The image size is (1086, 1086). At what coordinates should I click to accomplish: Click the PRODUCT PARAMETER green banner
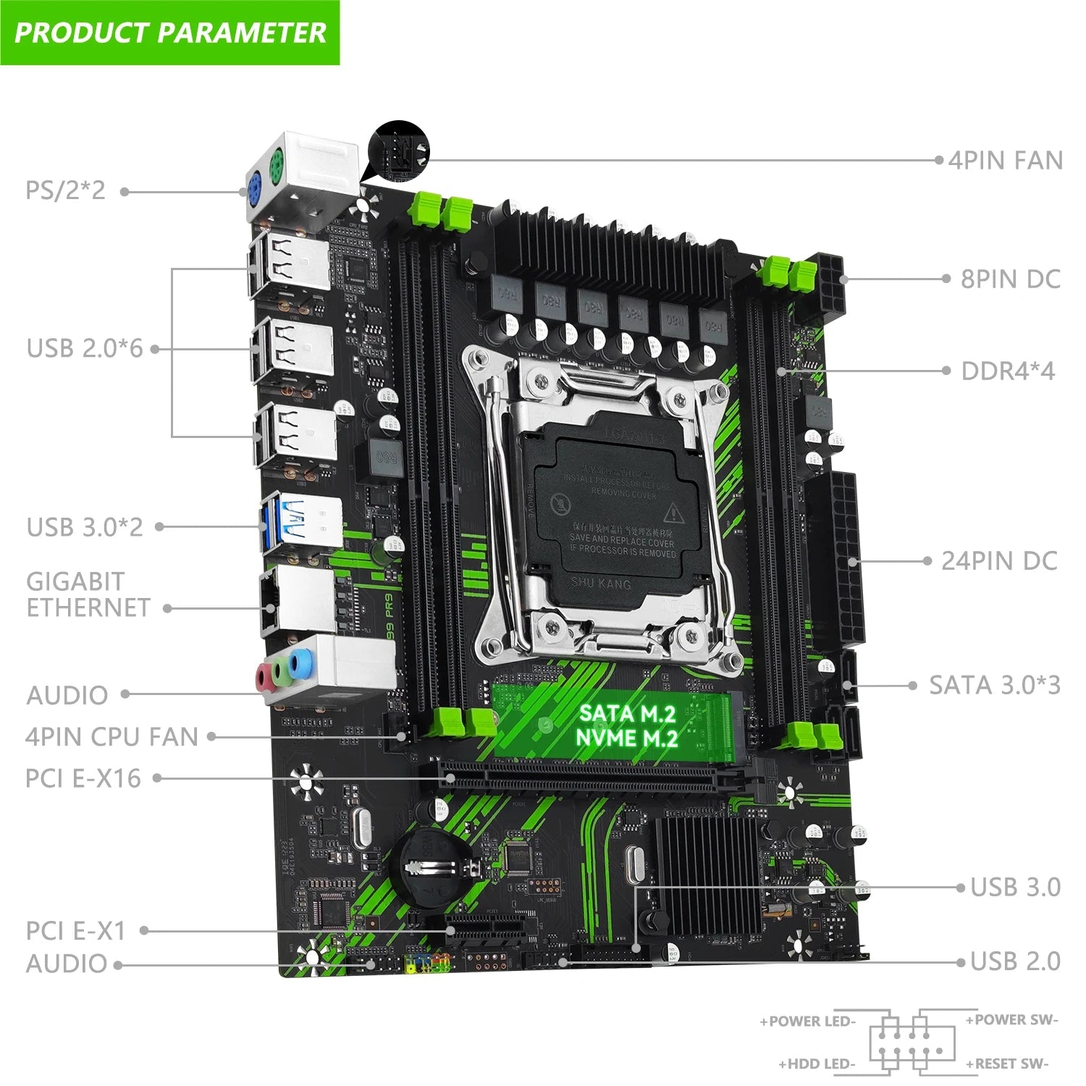pos(170,33)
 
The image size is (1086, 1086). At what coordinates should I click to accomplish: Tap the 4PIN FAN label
pos(1005,160)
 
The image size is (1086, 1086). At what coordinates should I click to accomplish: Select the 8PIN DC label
pos(1010,279)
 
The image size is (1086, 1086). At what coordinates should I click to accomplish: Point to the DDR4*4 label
pos(1008,371)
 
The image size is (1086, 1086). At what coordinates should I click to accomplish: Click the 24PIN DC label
pos(999,560)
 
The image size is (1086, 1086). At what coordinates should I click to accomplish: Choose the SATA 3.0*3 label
pos(995,685)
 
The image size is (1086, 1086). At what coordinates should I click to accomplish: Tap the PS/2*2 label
pos(65,190)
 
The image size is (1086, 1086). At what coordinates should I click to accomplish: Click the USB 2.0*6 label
pos(85,348)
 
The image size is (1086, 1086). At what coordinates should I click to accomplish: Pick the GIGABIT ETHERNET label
pos(88,594)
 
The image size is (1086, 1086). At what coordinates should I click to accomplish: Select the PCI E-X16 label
pos(83,778)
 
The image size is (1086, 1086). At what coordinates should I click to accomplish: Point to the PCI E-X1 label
pos(75,930)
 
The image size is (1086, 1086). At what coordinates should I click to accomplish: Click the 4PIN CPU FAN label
pos(111,737)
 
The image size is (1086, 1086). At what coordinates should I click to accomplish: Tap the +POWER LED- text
pos(807,1022)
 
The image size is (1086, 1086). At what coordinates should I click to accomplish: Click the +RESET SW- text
pos(1007,1064)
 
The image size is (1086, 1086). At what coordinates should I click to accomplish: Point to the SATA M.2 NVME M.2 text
pos(627,725)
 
